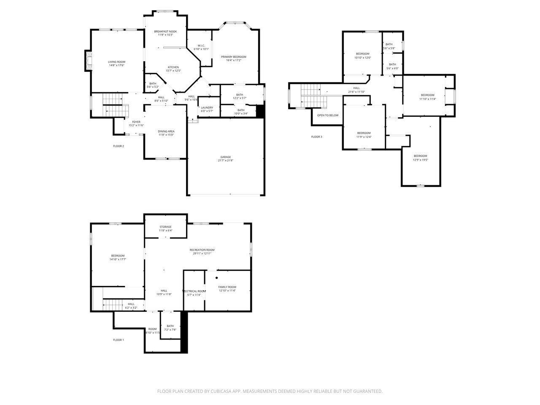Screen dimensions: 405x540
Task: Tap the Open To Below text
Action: tap(328, 115)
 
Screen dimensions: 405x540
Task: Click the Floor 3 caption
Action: tap(316, 137)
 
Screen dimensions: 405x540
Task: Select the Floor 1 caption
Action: tap(118, 340)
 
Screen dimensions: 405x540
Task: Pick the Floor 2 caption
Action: tap(118, 146)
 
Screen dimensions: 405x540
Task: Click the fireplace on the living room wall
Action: tap(88, 62)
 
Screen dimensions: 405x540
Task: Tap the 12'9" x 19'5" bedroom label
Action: tap(420, 158)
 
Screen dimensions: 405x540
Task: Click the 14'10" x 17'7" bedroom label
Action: tap(118, 257)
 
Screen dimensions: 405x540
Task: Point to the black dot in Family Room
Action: tap(217, 278)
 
